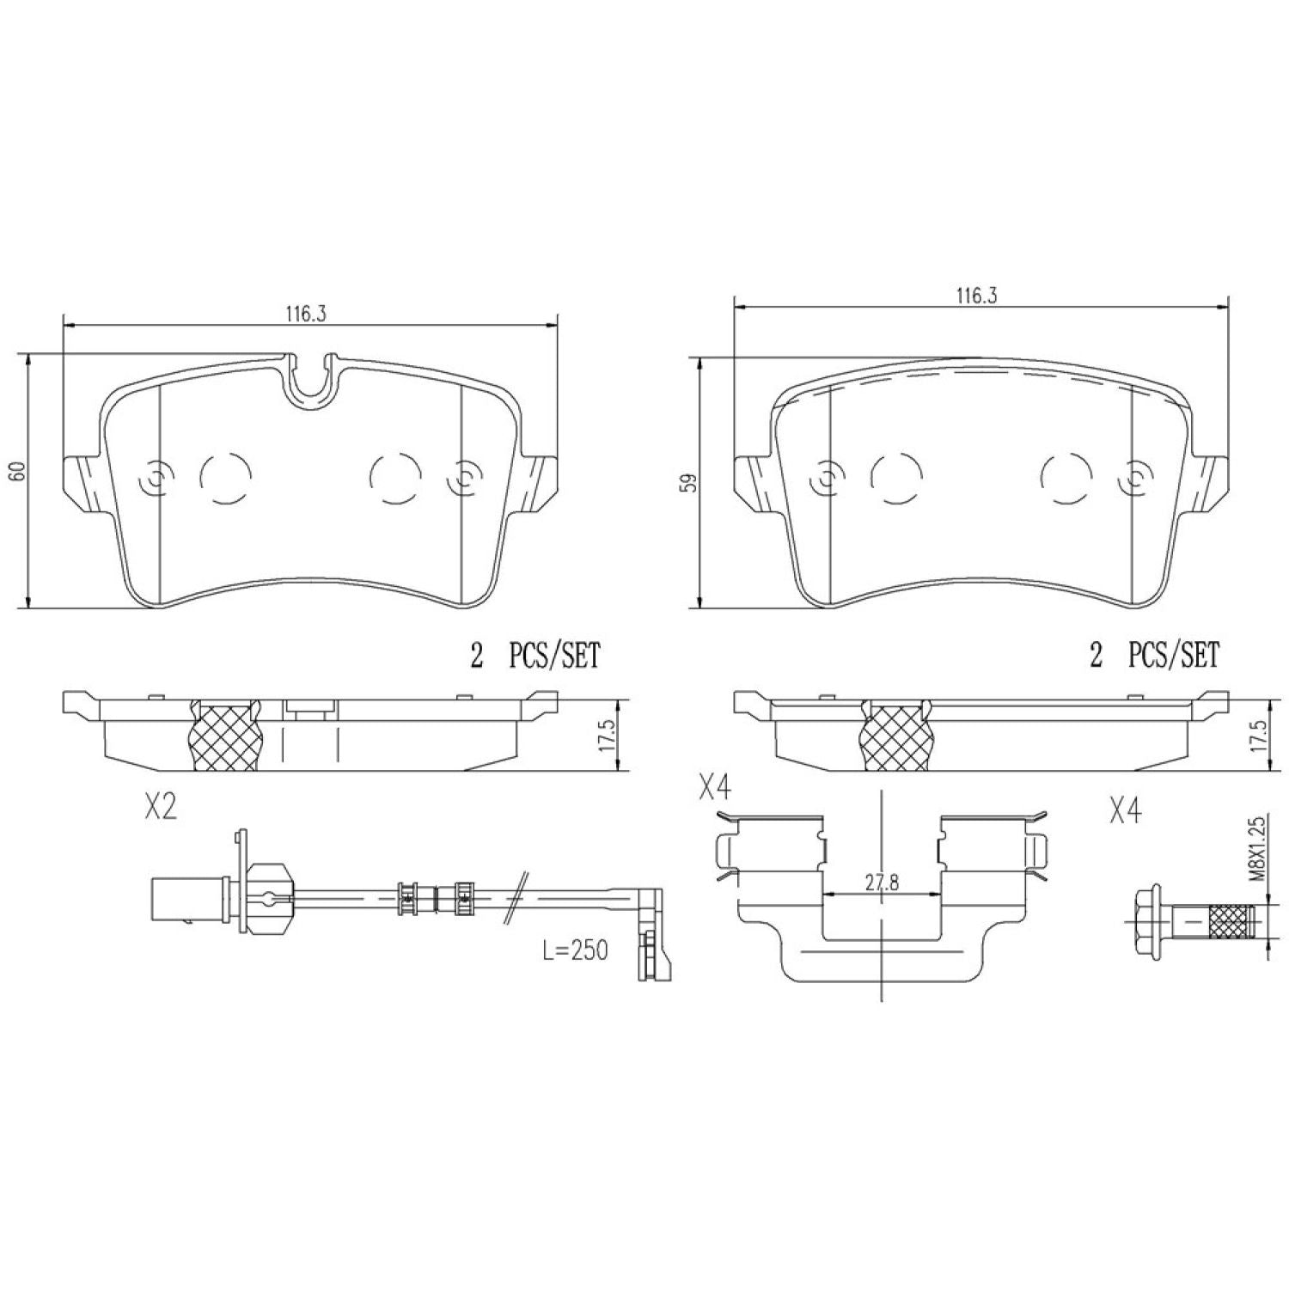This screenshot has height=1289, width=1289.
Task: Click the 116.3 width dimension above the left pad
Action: click(306, 314)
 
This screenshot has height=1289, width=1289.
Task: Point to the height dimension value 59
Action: click(687, 483)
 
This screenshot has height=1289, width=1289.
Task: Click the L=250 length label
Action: click(575, 950)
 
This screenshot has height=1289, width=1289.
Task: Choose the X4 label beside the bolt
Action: click(1125, 811)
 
